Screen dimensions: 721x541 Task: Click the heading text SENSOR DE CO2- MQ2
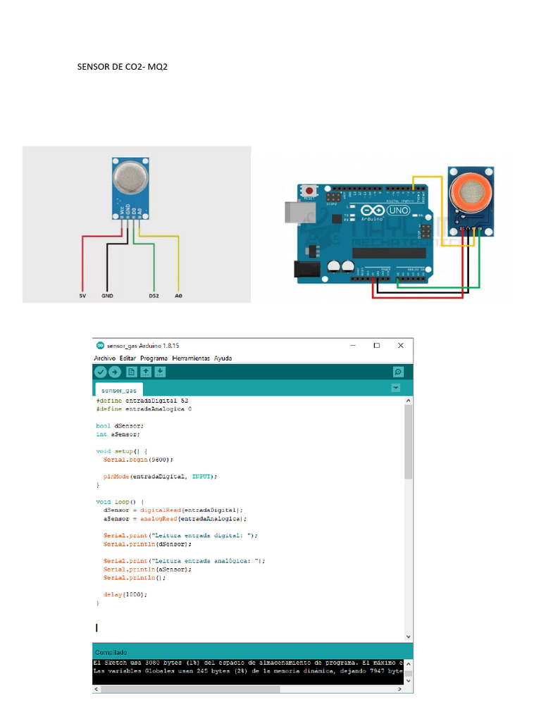pos(122,68)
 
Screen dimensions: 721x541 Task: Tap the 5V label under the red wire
pos(82,296)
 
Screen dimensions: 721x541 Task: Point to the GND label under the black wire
pos(107,296)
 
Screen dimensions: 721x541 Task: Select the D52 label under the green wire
pos(154,296)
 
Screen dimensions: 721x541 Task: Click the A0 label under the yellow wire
pos(178,296)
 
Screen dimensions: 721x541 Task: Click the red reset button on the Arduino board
pos(309,191)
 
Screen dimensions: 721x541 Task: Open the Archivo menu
pos(105,358)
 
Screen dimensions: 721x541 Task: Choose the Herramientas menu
pos(191,358)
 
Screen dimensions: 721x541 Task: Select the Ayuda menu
pos(223,358)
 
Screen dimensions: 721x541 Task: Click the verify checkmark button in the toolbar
pos(101,372)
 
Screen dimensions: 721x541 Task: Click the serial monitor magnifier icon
pos(398,372)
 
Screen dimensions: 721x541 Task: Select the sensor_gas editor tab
pos(118,389)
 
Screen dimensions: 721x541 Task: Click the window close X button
pos(400,345)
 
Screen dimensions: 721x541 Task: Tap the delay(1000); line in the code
pos(125,594)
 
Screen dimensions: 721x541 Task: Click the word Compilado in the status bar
pos(111,653)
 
